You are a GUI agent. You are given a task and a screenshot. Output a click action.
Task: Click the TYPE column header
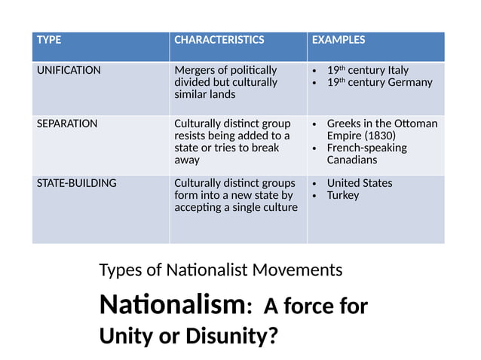coord(49,40)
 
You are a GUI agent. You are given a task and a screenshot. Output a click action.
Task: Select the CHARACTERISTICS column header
coord(219,40)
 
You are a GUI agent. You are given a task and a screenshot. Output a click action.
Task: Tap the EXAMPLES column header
coord(338,40)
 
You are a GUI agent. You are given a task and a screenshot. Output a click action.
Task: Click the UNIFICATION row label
coord(69,70)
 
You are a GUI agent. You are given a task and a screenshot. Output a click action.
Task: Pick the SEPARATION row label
coord(66,124)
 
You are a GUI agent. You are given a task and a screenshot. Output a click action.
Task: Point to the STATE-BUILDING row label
coord(76,183)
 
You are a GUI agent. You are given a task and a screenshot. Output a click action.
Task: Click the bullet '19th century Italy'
coord(367,70)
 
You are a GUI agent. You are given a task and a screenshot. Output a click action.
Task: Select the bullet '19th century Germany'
coord(379,82)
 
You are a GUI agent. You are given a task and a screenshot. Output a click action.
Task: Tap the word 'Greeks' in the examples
coord(344,124)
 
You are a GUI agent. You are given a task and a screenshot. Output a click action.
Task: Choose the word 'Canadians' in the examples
coord(351,160)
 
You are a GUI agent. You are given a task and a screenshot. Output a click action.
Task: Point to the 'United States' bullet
coord(359,183)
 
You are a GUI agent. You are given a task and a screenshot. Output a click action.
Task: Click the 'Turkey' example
coord(343,195)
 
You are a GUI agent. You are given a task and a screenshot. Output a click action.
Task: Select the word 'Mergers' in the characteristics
coord(195,70)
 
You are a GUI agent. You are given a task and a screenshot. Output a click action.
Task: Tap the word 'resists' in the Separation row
coord(190,136)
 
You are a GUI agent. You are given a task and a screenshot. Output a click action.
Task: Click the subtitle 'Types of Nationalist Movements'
coord(220,269)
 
